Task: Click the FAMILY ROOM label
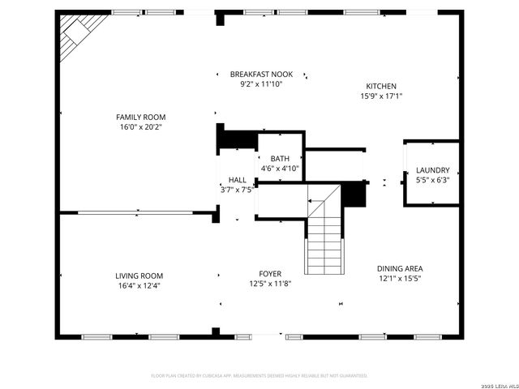[140, 118]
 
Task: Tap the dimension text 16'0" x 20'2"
[140, 127]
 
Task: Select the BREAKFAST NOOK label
[261, 74]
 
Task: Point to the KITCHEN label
[381, 86]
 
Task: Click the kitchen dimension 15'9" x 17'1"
[381, 96]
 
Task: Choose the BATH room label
[280, 159]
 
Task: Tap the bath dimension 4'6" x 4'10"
[280, 169]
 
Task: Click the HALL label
[238, 180]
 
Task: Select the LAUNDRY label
[432, 170]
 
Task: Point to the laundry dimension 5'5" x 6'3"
[432, 180]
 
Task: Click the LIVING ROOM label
[139, 276]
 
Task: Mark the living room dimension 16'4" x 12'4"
[139, 285]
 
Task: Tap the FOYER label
[270, 273]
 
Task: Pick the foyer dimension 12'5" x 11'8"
[270, 283]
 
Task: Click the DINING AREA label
[400, 268]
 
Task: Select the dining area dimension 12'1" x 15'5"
[400, 278]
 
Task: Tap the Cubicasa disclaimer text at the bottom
[259, 376]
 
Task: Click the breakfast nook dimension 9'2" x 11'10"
[261, 83]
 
